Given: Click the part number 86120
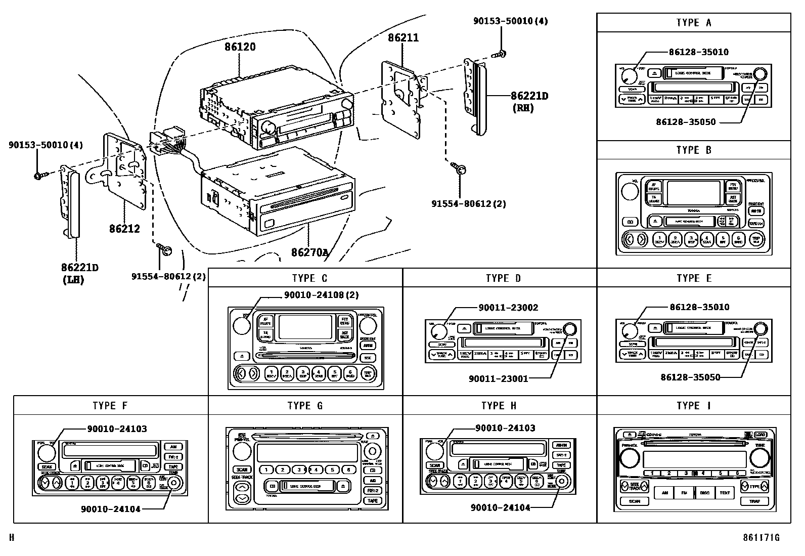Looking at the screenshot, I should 240,47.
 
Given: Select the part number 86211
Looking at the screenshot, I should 403,37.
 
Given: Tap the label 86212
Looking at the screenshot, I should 124,228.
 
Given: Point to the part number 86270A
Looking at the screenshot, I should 309,252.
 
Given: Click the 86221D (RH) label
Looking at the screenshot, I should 529,101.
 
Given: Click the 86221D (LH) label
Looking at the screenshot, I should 79,273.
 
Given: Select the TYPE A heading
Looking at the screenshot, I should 693,23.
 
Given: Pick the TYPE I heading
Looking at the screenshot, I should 693,406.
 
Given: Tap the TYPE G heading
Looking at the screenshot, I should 305,406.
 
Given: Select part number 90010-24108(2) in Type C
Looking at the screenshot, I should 321,295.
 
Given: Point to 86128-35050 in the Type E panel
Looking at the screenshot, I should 690,377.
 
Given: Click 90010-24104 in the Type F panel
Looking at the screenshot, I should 110,509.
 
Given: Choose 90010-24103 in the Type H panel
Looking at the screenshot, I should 505,428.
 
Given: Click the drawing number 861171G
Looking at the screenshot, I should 761,538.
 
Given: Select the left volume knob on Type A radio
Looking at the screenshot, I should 628,76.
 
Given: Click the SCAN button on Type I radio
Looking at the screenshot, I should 634,501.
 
